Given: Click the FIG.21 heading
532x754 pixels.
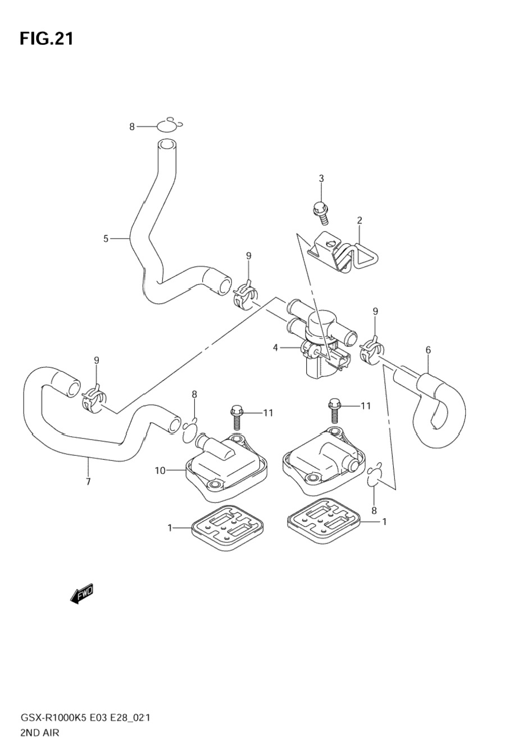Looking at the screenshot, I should click(x=46, y=38).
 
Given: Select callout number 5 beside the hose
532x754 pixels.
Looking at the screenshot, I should click(x=106, y=239).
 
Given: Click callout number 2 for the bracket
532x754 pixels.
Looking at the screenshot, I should click(x=359, y=220).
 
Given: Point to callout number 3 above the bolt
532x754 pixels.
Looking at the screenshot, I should click(x=321, y=179).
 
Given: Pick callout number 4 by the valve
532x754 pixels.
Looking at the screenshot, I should click(x=276, y=348).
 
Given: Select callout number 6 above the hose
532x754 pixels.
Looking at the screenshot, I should click(x=428, y=350).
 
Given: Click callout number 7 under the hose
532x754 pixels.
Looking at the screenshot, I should click(x=88, y=481).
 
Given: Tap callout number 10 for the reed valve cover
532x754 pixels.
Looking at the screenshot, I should click(x=161, y=470).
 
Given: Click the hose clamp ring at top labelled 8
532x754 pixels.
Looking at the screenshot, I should click(x=166, y=126).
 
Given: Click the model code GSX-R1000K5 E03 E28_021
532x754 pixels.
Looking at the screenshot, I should click(x=85, y=718).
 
